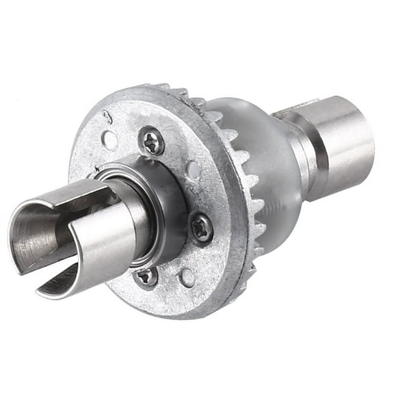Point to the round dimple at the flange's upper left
click(109, 140)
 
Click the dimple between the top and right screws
click(194, 169)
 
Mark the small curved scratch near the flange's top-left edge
click(107, 117)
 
